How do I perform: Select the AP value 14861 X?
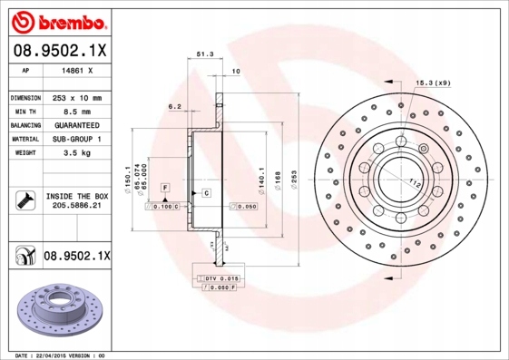tap(74, 69)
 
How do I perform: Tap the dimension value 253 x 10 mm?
tap(75, 97)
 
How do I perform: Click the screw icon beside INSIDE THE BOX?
tap(24, 199)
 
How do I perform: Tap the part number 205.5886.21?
tap(75, 206)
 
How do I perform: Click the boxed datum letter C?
tap(206, 194)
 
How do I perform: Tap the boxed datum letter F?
tap(165, 187)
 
